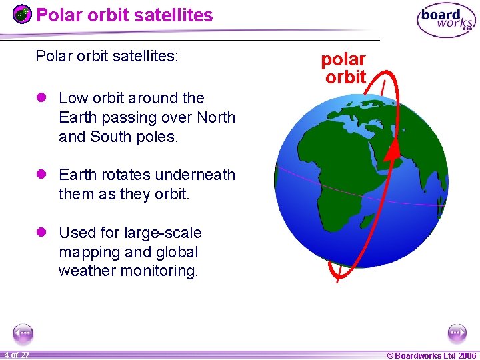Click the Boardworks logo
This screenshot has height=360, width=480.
tap(446, 19)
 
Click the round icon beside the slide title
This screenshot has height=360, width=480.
tap(22, 14)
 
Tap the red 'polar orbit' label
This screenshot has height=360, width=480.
tap(344, 68)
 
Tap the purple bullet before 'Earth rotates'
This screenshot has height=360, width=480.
tap(41, 175)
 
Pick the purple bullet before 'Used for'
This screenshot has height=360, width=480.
tap(41, 233)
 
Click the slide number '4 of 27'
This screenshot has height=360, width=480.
tap(15, 355)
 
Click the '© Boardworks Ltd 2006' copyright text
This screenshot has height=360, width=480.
tap(431, 355)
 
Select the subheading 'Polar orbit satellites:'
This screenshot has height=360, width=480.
tap(107, 56)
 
